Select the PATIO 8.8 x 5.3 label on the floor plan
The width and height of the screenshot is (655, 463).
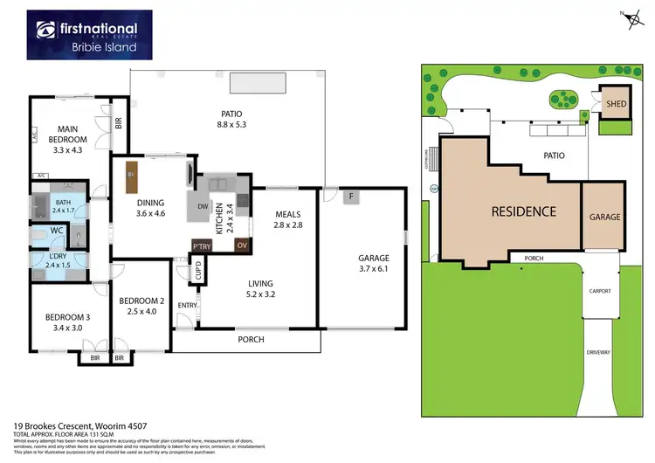[231, 119]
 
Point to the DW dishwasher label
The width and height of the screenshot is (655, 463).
[203, 207]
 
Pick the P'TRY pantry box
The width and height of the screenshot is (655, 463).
[202, 247]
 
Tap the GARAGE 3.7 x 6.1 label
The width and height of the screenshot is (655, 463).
[373, 265]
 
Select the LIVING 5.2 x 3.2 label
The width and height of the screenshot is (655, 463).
[260, 289]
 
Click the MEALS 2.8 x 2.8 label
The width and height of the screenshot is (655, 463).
[288, 219]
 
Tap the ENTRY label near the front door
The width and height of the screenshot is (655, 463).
[185, 304]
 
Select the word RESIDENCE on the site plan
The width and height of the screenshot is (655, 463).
[522, 211]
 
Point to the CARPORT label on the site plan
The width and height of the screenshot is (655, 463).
[599, 291]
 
